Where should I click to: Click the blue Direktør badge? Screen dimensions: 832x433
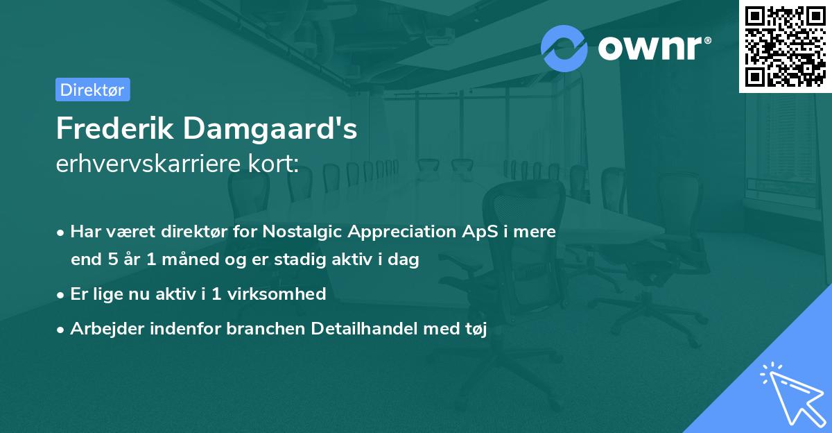93,90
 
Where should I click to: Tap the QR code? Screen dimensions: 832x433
785,46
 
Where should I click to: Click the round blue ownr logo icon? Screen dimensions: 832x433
564,49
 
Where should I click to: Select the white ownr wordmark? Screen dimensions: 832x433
655,48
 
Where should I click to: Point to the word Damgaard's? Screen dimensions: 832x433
270,128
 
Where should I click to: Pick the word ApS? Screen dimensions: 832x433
480,232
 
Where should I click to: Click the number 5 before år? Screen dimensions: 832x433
113,259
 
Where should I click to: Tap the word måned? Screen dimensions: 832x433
191,259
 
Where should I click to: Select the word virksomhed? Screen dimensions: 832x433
277,294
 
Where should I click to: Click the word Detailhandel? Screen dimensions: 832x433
365,328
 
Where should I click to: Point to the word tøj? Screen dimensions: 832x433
476,329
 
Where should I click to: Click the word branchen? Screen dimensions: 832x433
266,328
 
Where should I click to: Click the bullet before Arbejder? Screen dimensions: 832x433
60,330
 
